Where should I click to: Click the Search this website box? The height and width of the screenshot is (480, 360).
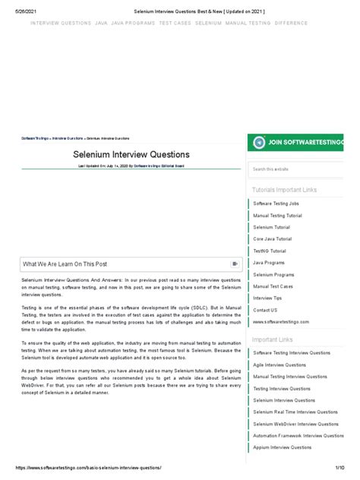tap(296, 169)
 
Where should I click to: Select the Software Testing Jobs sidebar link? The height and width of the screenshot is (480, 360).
tap(276, 204)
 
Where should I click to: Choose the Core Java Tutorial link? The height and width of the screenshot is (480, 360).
tap(272, 238)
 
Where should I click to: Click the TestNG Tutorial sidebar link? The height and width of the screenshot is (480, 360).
tap(270, 251)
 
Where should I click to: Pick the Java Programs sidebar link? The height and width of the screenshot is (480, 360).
tap(268, 262)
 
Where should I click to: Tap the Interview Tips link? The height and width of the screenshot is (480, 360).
tap(267, 298)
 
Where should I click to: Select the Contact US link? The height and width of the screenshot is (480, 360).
tap(265, 310)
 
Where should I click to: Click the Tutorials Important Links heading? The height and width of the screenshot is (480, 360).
tap(284, 189)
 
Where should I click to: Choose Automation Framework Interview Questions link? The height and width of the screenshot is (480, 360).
tap(298, 435)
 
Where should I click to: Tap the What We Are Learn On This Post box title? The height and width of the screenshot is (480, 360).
tap(65, 264)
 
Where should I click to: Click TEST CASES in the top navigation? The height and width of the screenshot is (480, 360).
tap(174, 24)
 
